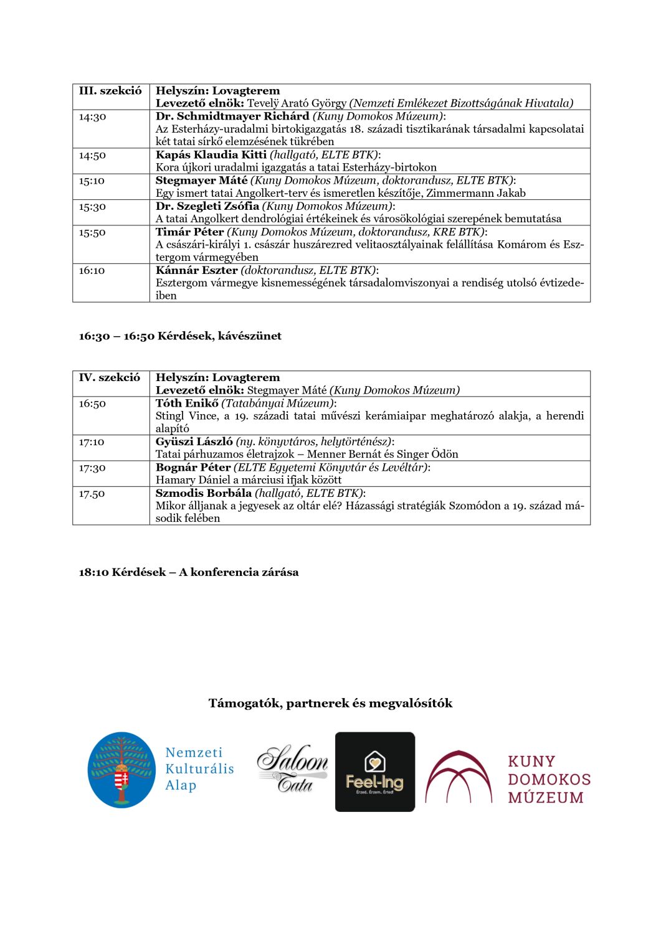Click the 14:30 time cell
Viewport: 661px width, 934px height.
click(x=92, y=117)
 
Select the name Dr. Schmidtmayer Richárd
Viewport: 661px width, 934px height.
click(x=232, y=116)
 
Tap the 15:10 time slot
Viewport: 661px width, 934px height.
click(x=92, y=181)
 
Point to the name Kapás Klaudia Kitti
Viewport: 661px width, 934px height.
click(x=211, y=155)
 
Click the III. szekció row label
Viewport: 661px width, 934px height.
click(x=110, y=91)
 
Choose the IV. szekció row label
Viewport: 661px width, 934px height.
click(x=110, y=377)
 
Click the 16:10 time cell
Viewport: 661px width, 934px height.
click(x=92, y=271)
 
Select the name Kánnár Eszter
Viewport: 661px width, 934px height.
click(x=196, y=270)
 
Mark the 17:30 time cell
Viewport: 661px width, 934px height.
click(x=92, y=468)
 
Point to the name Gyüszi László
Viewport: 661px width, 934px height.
click(x=194, y=441)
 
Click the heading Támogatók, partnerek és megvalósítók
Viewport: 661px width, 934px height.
click(x=330, y=704)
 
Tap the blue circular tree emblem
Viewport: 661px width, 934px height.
click(x=121, y=770)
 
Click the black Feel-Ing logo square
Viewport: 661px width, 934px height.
click(x=375, y=771)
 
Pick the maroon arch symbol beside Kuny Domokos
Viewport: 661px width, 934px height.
click(x=459, y=776)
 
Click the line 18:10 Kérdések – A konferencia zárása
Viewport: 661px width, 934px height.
click(x=189, y=572)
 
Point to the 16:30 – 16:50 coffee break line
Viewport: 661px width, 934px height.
click(x=180, y=336)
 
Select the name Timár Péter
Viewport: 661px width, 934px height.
click(x=189, y=232)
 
